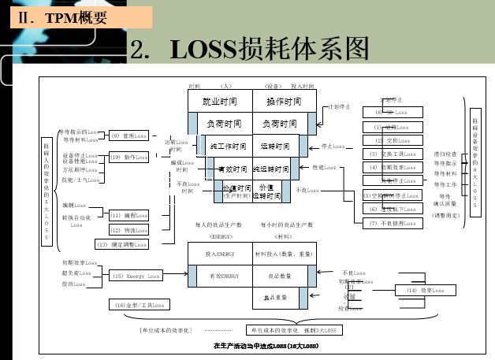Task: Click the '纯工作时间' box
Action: pos(228,147)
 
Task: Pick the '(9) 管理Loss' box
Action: pos(128,135)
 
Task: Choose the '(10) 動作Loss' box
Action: pos(128,158)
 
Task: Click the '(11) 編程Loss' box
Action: pos(128,215)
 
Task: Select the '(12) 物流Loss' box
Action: pos(128,230)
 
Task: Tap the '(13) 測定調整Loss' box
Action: pos(121,244)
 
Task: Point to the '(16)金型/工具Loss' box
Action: pos(137,305)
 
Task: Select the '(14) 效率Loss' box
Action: pos(424,291)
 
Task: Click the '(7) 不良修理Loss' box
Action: pos(392,224)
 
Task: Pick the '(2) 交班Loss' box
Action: pos(392,140)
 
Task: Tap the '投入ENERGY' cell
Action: pos(220,254)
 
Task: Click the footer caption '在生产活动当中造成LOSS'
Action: pos(266,346)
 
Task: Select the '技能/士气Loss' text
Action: pos(80,180)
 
